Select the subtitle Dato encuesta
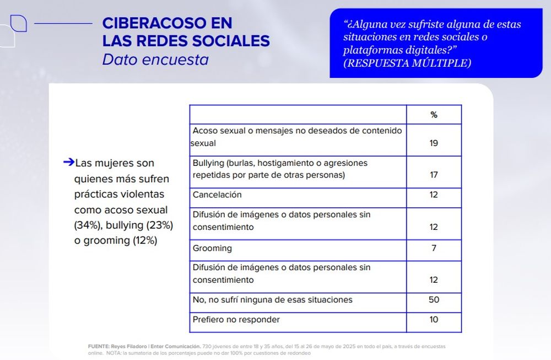[x=155, y=60]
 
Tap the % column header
[x=434, y=115]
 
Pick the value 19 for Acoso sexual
[x=434, y=143]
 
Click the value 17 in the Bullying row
[x=434, y=175]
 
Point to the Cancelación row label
[x=217, y=195]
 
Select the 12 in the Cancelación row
[x=434, y=195]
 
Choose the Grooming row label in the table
[x=212, y=248]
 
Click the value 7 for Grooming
[x=434, y=248]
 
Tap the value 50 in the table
[x=434, y=299]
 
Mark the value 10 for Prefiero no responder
[x=434, y=320]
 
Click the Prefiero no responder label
[x=236, y=320]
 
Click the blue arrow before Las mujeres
[x=69, y=162]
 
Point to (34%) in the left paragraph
[x=87, y=225]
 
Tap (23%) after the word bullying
[x=160, y=225]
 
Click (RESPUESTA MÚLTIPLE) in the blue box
[x=407, y=63]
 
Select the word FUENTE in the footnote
[x=99, y=346]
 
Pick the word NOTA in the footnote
[x=114, y=353]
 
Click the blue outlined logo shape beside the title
[x=18, y=24]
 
